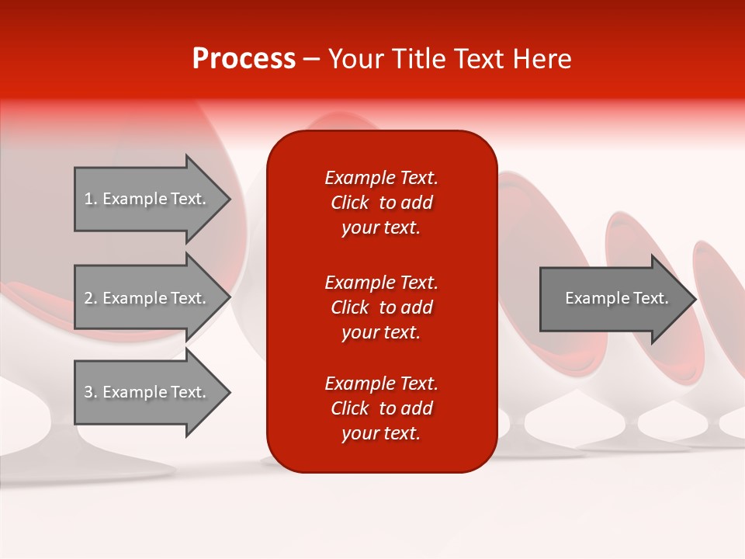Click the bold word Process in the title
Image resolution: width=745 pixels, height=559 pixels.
point(244,59)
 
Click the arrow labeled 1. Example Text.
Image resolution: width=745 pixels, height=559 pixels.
point(147,199)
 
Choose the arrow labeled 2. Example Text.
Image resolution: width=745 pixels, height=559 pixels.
point(147,298)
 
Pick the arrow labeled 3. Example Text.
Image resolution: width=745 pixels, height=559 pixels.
point(147,392)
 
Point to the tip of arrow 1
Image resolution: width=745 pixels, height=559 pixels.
point(228,200)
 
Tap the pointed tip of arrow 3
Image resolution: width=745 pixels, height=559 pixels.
point(228,393)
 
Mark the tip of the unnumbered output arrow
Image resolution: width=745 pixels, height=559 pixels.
point(694,299)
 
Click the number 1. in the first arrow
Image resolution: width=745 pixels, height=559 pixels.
point(90,199)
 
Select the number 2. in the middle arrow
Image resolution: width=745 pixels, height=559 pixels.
point(90,298)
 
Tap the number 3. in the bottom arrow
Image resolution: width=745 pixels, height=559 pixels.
point(90,392)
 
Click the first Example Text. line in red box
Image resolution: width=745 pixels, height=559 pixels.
point(381,178)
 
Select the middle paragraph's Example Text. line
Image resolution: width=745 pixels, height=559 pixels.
point(381,283)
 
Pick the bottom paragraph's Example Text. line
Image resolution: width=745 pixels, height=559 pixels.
point(381,384)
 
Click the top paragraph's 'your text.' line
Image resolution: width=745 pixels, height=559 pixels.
point(381,228)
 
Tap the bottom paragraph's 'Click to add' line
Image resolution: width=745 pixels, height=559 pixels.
point(381,408)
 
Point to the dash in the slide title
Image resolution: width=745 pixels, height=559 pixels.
point(311,60)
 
